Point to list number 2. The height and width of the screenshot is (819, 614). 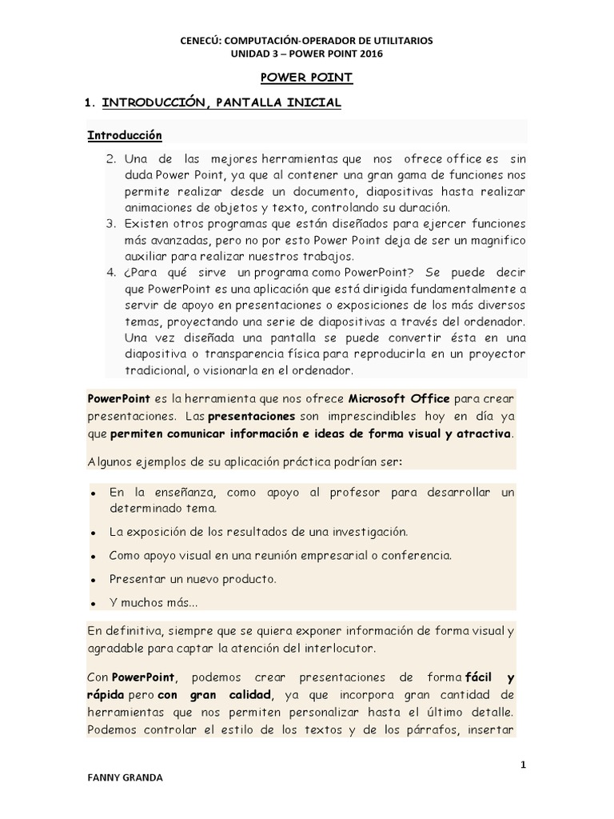[x=111, y=159]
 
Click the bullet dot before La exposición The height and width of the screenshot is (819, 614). [x=94, y=533]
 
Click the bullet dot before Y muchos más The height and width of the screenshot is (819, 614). [x=94, y=602]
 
